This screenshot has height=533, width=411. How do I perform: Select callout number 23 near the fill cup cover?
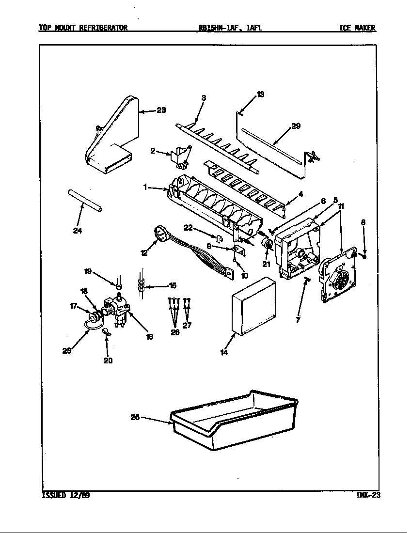pyautogui.click(x=161, y=110)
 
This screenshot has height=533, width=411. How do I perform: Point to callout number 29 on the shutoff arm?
pyautogui.click(x=296, y=126)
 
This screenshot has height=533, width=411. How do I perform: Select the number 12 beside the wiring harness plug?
pyautogui.click(x=144, y=252)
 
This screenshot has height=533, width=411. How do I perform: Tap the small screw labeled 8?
pyautogui.click(x=364, y=254)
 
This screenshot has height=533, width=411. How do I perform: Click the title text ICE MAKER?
pyautogui.click(x=357, y=28)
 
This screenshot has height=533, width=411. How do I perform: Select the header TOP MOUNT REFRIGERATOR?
pyautogui.click(x=83, y=28)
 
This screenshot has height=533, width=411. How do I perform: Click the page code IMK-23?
pyautogui.click(x=367, y=495)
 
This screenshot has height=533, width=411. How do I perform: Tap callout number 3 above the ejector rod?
pyautogui.click(x=204, y=98)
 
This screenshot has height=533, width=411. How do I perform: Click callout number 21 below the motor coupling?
pyautogui.click(x=265, y=264)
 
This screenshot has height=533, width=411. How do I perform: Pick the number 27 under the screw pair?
pyautogui.click(x=187, y=325)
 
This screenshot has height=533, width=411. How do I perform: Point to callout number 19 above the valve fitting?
pyautogui.click(x=88, y=272)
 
